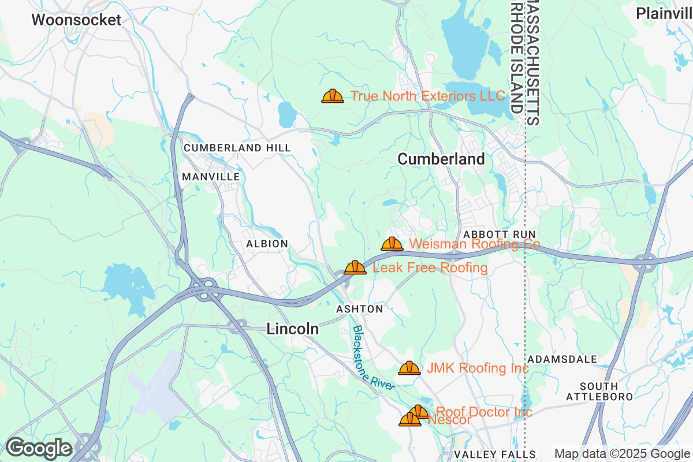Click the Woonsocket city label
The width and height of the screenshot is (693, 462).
[76, 20]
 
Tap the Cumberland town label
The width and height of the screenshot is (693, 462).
[441, 159]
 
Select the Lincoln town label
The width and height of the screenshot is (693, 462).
[292, 329]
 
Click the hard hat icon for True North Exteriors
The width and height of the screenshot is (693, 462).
[333, 96]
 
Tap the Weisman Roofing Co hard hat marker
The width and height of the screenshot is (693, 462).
[392, 244]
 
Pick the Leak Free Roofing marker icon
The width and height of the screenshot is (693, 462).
[355, 267]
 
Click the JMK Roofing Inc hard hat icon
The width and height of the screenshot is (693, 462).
[409, 368]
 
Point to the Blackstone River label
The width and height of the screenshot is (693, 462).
[373, 359]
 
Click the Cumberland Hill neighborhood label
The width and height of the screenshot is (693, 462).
[237, 148]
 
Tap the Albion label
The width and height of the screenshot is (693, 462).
[267, 244]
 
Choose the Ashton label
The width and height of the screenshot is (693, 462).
[360, 310]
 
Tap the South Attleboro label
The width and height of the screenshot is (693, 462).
[599, 392]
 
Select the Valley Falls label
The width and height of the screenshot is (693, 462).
[495, 454]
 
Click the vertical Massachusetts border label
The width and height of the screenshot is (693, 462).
[533, 62]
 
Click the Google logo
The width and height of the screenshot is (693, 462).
[39, 448]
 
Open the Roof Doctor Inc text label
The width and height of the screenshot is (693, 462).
[484, 412]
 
